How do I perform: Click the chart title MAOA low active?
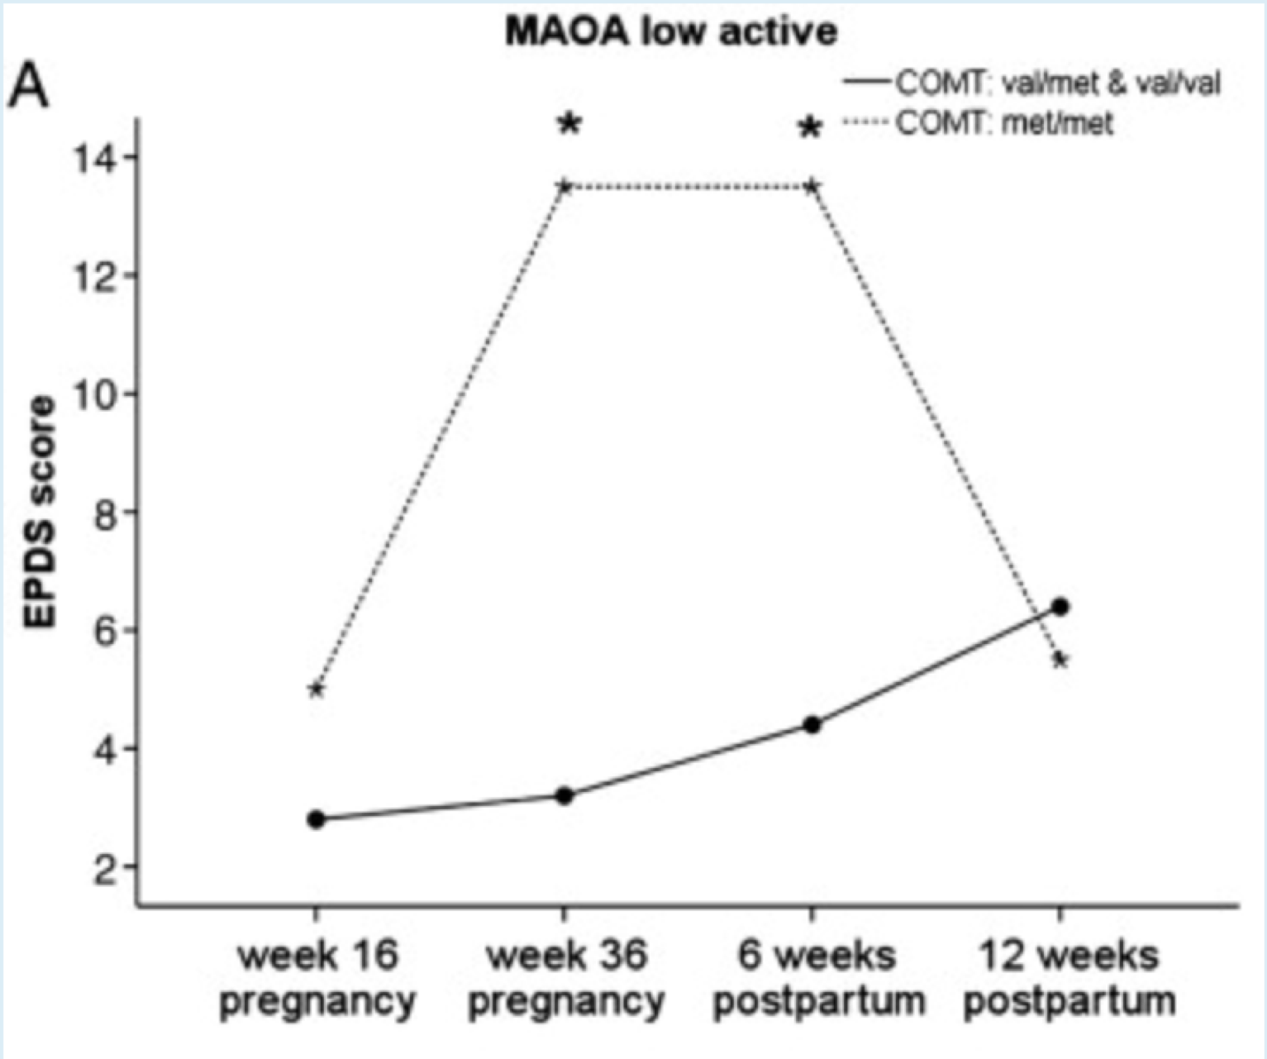pos(671,32)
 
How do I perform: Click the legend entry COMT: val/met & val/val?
pos(1058,83)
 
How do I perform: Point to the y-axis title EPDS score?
pos(39,513)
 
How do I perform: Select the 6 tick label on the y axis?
pos(106,631)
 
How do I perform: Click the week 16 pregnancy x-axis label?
pos(317,979)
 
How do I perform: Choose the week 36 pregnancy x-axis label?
pos(566,979)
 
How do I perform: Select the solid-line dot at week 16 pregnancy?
pos(316,819)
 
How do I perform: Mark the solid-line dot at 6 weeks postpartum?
pos(812,725)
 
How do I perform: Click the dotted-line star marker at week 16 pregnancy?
pos(316,689)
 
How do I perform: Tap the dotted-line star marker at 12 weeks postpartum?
pos(1061,660)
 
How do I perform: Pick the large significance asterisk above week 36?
pos(569,124)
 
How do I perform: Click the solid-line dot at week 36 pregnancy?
pos(564,796)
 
